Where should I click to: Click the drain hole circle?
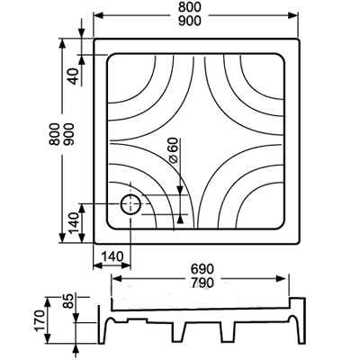tap(121, 204)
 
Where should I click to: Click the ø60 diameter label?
tap(173, 150)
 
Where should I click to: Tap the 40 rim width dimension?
tap(75, 76)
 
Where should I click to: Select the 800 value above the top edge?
tap(189, 7)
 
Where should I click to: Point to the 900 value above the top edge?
tap(189, 21)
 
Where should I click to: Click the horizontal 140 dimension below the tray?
tap(112, 256)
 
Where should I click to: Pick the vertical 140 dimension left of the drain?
tap(74, 223)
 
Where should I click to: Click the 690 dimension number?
tap(202, 269)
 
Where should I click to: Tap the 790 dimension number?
tap(202, 283)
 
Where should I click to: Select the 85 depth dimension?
tap(68, 301)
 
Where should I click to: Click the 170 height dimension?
tap(40, 320)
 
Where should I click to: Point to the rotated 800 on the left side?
tap(55, 134)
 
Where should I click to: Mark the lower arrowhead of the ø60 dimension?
tap(180, 220)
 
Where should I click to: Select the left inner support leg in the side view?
tap(179, 332)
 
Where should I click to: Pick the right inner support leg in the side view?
tap(228, 332)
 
